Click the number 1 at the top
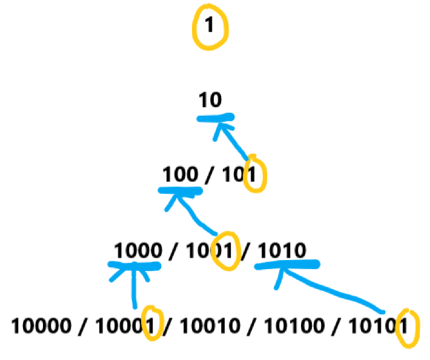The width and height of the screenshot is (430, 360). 210,27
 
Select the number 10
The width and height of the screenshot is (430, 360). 210,101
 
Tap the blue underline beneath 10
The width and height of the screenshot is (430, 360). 215,118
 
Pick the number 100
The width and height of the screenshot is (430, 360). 180,175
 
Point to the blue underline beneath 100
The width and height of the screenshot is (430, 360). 180,190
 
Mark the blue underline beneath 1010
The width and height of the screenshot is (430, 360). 287,265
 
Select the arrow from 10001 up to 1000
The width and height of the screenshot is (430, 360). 134,288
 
